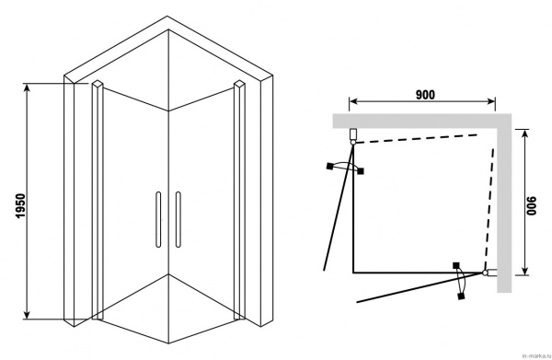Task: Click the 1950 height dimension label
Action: pyautogui.click(x=21, y=205)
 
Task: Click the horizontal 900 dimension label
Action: pyautogui.click(x=425, y=95)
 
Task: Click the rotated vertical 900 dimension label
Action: pyautogui.click(x=532, y=205)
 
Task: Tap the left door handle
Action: pyautogui.click(x=158, y=219)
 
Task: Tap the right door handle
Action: pyautogui.click(x=178, y=219)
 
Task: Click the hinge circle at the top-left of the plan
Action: pyautogui.click(x=353, y=142)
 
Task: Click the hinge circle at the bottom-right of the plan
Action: pyautogui.click(x=485, y=273)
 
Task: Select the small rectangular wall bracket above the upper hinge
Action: pyautogui.click(x=353, y=134)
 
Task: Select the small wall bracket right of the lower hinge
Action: pyautogui.click(x=492, y=273)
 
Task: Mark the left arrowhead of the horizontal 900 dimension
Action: pyautogui.click(x=353, y=102)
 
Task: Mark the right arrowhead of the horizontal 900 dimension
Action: pyautogui.click(x=491, y=102)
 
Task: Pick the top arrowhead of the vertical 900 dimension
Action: pyautogui.click(x=525, y=134)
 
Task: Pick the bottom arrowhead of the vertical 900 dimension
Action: pyautogui.click(x=525, y=271)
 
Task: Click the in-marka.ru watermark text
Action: pyautogui.click(x=536, y=355)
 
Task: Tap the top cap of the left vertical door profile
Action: pyautogui.click(x=98, y=84)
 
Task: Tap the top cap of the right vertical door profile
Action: pyautogui.click(x=238, y=84)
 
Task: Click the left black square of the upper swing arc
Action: pyautogui.click(x=329, y=166)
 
